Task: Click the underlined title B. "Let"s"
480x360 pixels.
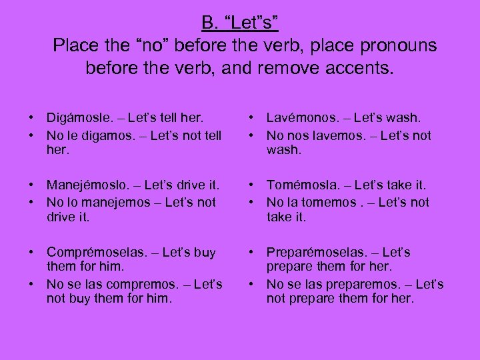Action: pyautogui.click(x=240, y=23)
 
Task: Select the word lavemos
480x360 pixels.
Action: pyautogui.click(x=326, y=135)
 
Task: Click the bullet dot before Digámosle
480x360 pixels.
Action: pyautogui.click(x=31, y=119)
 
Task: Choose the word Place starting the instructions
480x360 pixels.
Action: pyautogui.click(x=76, y=45)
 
